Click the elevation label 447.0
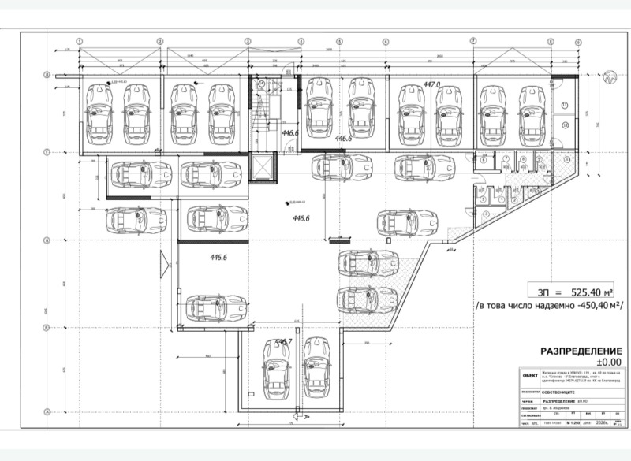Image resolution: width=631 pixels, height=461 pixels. (431, 84)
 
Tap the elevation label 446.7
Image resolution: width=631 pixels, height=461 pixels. (283, 342)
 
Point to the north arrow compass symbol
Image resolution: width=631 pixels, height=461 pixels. (609, 77)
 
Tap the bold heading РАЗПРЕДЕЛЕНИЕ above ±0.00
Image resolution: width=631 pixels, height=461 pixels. (581, 351)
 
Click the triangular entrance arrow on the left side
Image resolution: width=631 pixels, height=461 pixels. (163, 259)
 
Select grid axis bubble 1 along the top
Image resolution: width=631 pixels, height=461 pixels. (79, 40)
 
